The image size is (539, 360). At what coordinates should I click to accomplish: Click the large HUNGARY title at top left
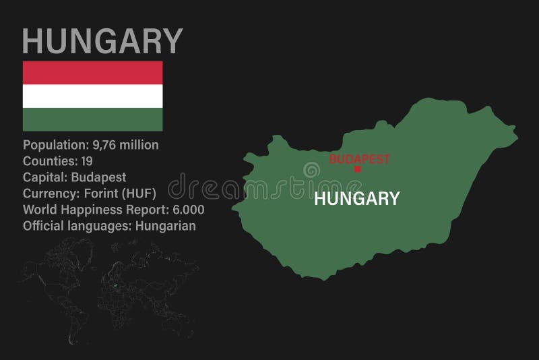103,40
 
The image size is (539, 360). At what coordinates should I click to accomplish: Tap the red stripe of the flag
93,72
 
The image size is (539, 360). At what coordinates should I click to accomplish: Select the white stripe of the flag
93,96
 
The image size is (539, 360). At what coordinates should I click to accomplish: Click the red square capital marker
358,169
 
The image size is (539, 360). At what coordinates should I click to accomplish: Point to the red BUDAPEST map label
359,159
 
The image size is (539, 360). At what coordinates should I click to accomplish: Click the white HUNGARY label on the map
356,198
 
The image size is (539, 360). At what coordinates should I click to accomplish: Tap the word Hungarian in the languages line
165,226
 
